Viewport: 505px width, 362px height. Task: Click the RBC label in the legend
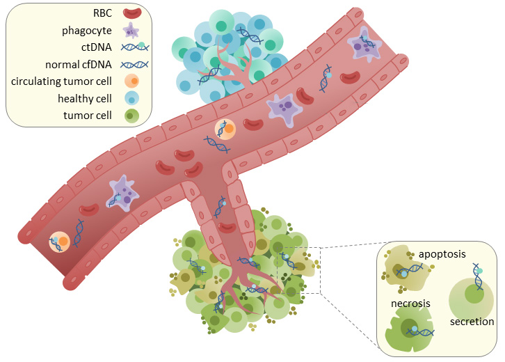pos(102,13)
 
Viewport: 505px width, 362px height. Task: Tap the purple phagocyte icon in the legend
pos(131,31)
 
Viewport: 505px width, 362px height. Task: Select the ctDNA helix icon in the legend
pos(135,47)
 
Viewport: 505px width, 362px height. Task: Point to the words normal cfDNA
pos(79,65)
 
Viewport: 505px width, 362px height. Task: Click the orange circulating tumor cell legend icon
pos(131,81)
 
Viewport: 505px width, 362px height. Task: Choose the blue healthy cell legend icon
pos(131,98)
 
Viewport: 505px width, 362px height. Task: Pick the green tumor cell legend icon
pos(131,116)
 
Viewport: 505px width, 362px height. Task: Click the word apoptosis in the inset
pos(442,254)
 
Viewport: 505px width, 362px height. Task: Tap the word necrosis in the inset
pos(410,304)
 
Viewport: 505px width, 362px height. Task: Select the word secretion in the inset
pos(472,322)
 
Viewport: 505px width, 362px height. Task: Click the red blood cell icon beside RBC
pos(132,13)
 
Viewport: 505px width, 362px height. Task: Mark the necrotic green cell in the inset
pos(409,329)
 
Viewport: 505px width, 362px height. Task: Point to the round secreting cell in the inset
pos(471,300)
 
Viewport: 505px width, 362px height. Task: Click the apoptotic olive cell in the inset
pos(406,268)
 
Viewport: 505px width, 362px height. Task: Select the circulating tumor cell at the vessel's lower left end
pos(60,242)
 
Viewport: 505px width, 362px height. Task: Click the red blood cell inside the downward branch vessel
pos(227,227)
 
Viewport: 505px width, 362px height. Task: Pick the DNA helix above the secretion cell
pos(478,276)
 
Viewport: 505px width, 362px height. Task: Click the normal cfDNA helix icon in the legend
pos(134,65)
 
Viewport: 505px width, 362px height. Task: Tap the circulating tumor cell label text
pos(61,81)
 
